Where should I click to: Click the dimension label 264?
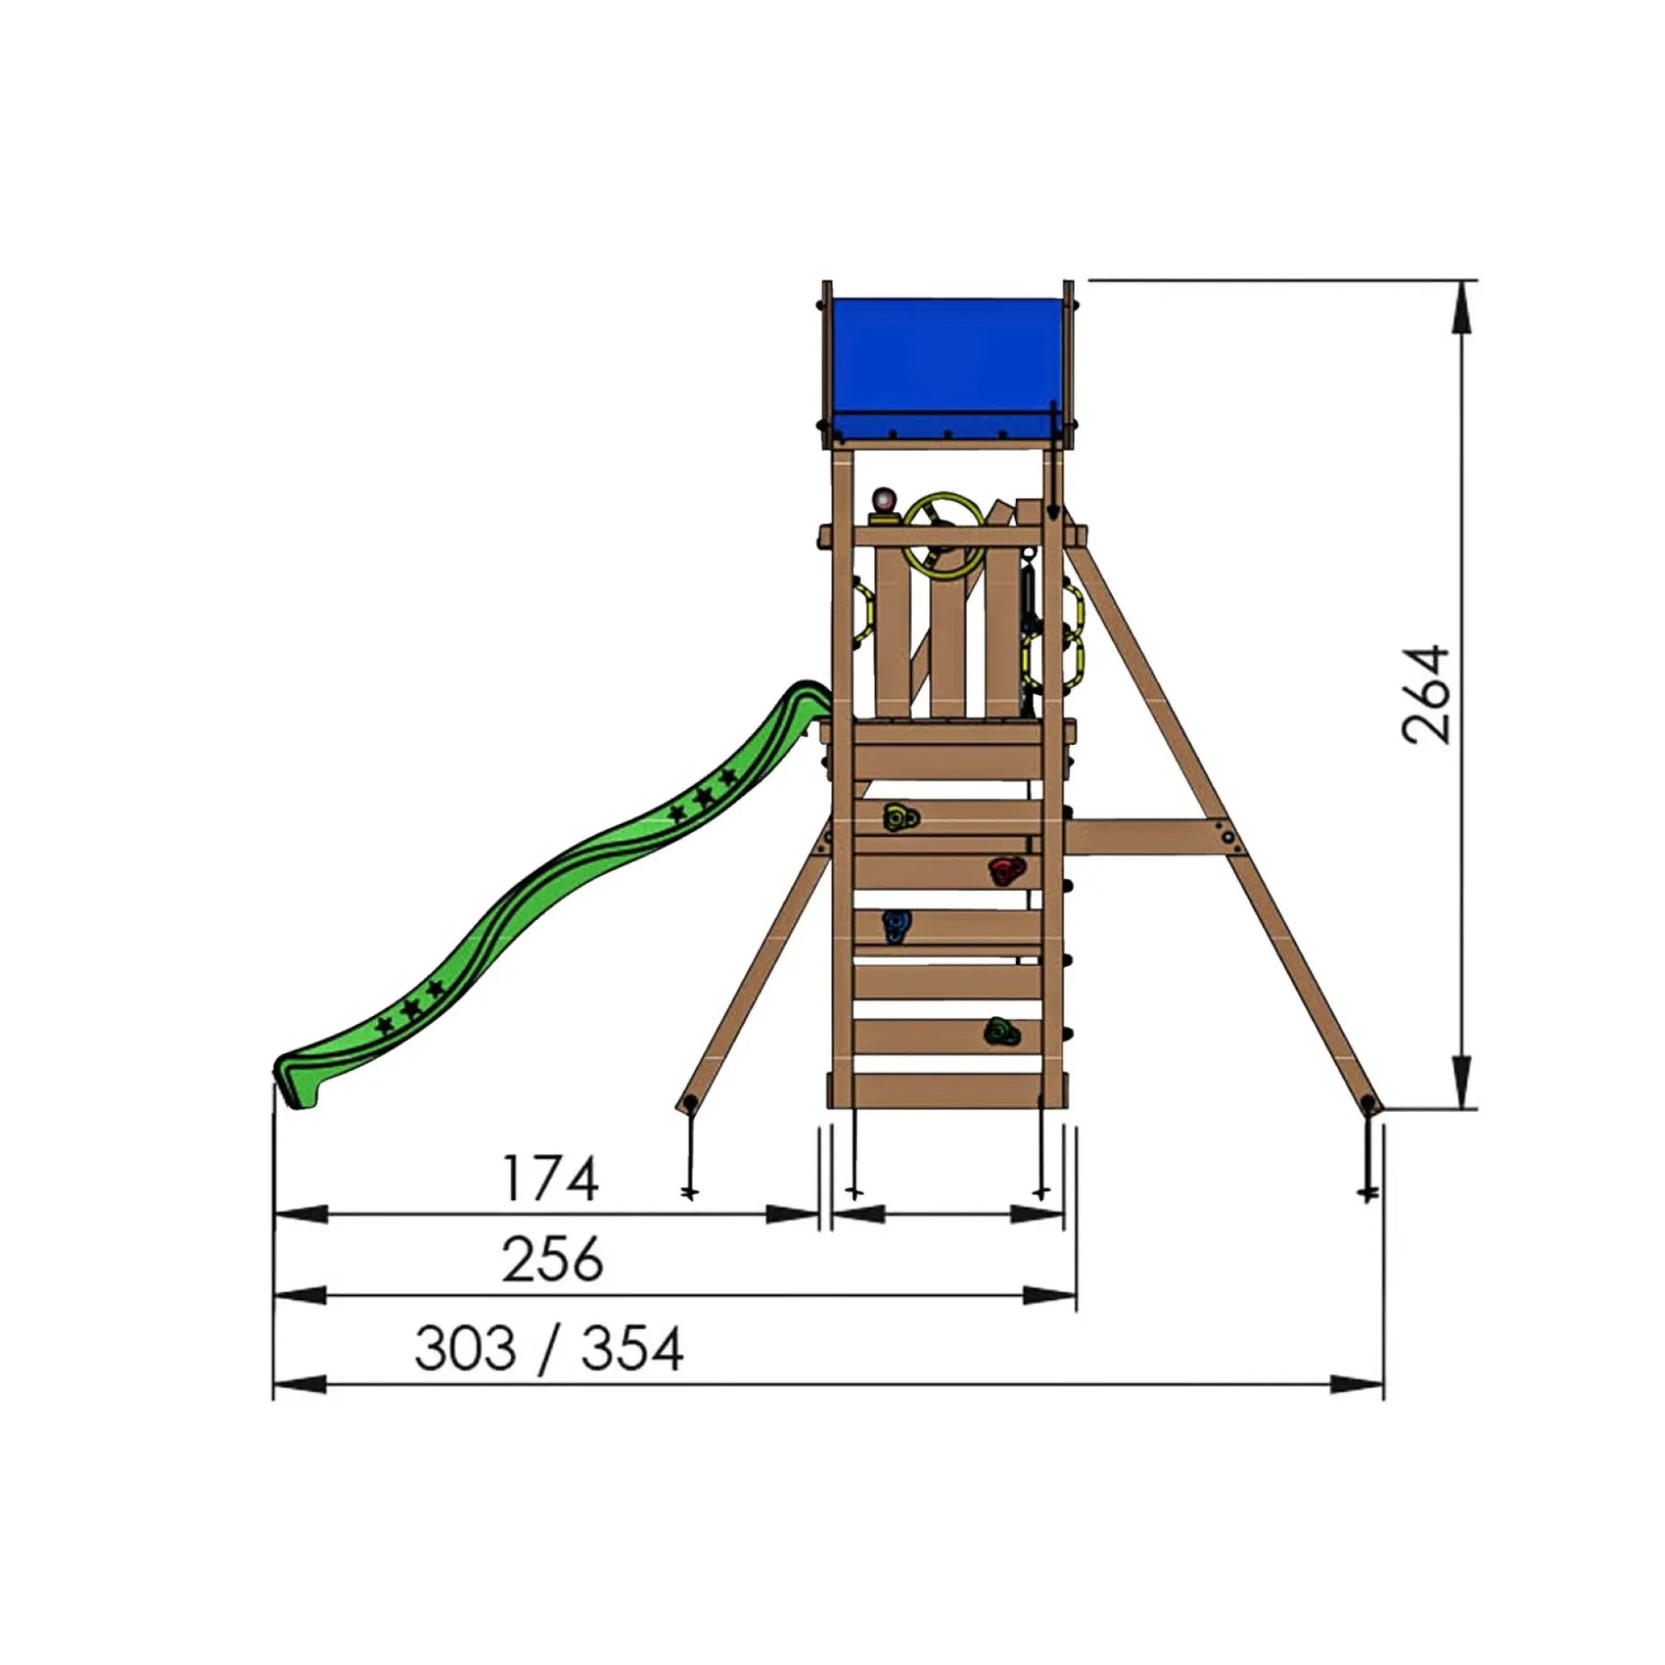coord(1426,694)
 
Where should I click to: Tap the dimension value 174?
coord(550,1179)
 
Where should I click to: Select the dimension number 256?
coord(552,1259)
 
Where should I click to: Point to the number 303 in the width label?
coord(465,1348)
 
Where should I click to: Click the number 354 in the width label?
coord(633,1348)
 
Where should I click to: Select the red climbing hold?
coord(1007,871)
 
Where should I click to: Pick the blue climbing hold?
coord(895,926)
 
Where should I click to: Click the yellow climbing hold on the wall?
coord(900,817)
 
